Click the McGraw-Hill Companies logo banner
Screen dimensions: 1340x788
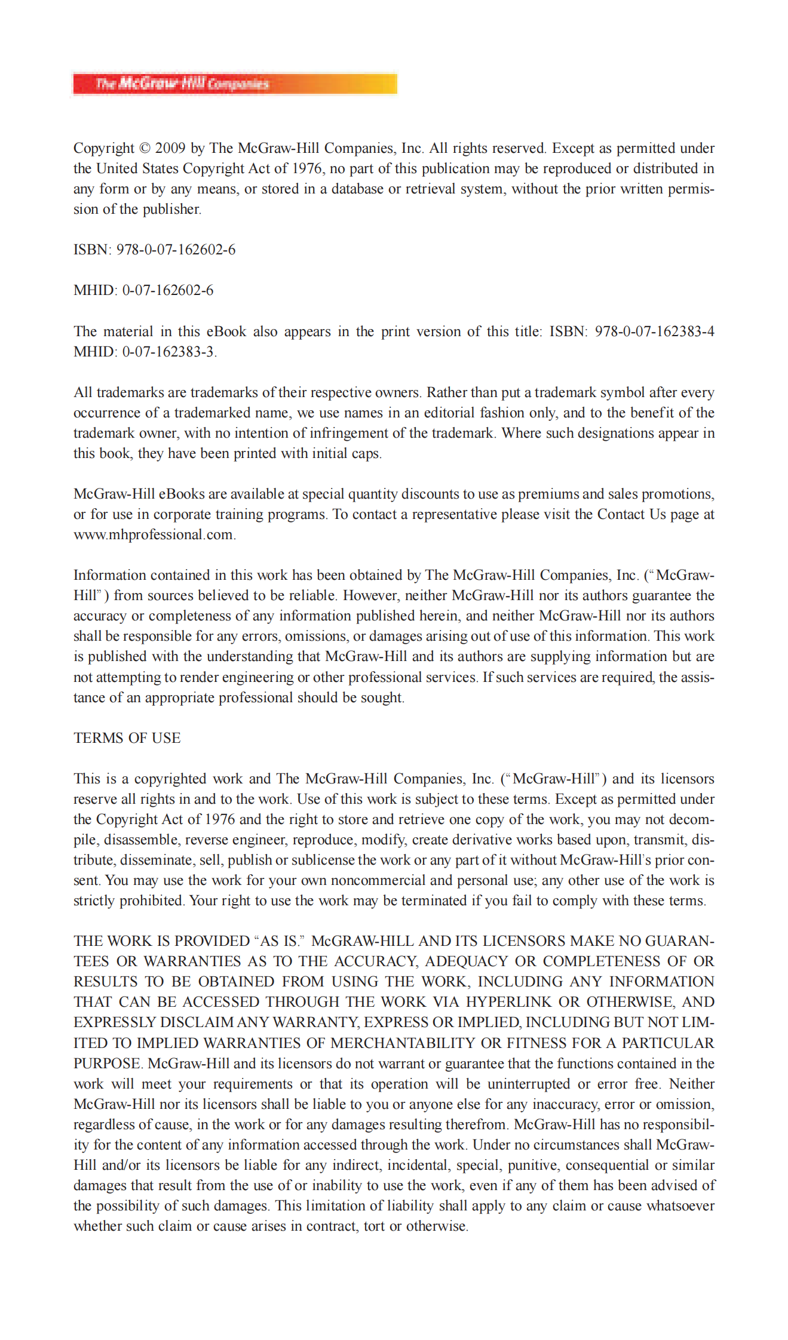[x=235, y=84]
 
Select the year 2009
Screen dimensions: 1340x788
[x=170, y=148]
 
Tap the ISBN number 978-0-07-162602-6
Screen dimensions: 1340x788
[x=176, y=250]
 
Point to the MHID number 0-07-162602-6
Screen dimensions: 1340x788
[x=168, y=291]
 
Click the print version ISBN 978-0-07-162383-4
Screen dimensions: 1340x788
[x=654, y=331]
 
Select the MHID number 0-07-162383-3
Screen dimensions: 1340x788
[x=168, y=352]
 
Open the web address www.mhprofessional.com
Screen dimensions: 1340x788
[x=154, y=534]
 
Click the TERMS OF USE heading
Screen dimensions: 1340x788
[x=127, y=738]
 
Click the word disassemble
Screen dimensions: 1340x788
[x=141, y=840]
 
